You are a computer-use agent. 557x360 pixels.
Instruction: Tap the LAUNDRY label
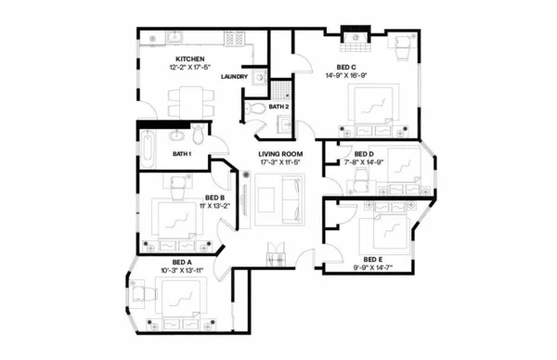coord(234,76)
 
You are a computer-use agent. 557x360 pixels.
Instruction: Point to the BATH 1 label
coord(182,153)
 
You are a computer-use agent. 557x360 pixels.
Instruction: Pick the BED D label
coord(364,153)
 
